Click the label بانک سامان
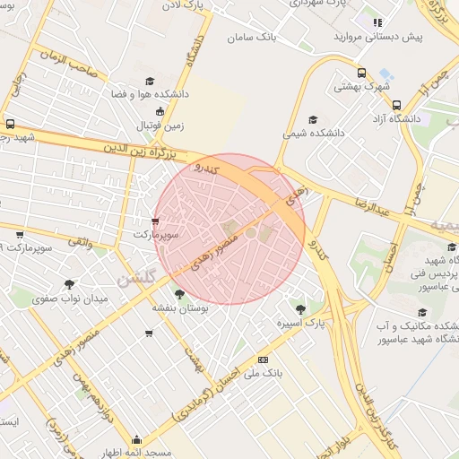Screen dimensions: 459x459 tap(252, 38)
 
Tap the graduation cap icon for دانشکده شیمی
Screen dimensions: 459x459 tap(313, 119)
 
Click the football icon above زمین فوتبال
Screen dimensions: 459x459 tap(160, 111)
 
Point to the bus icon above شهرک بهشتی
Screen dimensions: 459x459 tap(361, 74)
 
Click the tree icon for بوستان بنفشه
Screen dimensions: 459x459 tap(180, 293)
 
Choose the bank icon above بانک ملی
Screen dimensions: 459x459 tap(263, 359)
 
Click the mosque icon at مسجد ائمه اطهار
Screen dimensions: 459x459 tap(136, 439)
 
